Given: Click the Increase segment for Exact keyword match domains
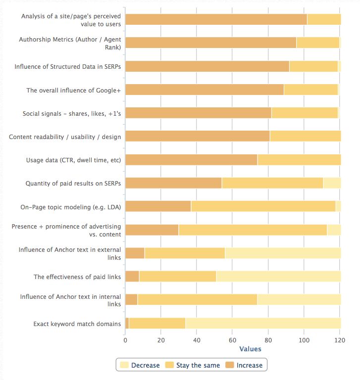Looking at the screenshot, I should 127,324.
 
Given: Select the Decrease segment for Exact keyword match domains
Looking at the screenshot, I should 263,324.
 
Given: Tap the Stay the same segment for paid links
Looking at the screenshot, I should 178,276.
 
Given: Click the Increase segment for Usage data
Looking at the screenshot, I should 191,160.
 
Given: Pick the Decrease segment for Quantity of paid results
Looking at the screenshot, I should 332,183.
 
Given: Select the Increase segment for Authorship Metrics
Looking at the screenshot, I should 210,43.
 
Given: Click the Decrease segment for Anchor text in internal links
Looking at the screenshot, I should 299,300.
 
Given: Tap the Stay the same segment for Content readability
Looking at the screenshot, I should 305,136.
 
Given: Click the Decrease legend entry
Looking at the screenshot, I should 140,365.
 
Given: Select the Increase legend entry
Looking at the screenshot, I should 244,365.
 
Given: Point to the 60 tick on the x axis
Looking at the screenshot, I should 232,340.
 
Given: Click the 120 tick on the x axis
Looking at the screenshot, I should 340,340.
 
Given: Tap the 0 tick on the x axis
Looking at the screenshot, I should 125,340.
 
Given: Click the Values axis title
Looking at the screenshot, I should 250,349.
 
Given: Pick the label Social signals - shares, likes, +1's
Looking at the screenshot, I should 71,113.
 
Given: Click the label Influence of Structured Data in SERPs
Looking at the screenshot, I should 67,66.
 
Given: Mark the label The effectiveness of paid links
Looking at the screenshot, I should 77,277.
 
